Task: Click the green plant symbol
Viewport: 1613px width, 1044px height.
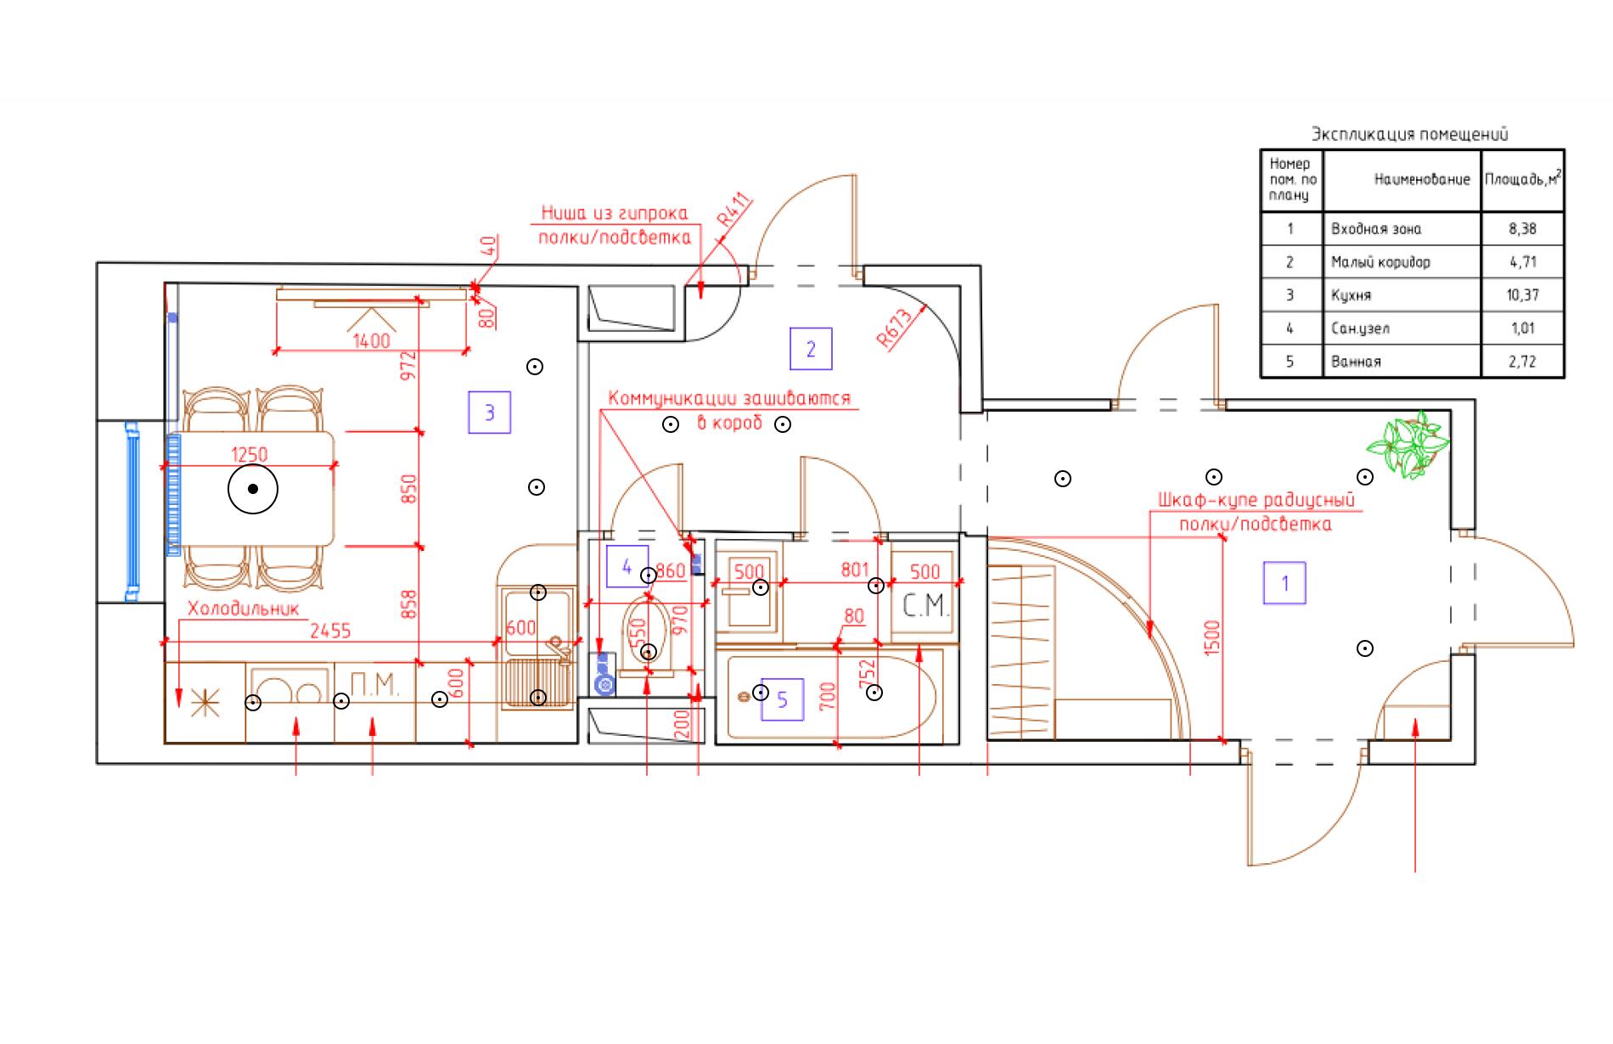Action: point(1407,445)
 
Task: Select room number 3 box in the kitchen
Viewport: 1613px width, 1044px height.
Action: point(490,413)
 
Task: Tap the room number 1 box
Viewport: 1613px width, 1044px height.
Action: point(1284,583)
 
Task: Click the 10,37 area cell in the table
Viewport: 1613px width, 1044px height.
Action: point(1523,295)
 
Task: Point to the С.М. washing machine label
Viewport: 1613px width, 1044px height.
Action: point(925,606)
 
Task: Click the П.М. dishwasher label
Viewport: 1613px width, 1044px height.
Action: point(374,684)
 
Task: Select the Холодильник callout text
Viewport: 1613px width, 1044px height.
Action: point(244,609)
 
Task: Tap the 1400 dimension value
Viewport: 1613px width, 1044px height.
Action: point(371,340)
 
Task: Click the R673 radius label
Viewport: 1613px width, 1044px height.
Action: point(895,328)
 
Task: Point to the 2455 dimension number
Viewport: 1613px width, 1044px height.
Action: point(330,631)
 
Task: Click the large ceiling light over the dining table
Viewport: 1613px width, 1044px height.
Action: point(253,489)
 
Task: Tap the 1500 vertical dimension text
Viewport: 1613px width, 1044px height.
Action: point(1211,637)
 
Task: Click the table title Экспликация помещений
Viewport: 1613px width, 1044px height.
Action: point(1409,134)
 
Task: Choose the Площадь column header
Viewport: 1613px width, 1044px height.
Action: point(1522,180)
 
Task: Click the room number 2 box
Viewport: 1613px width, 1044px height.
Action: point(811,349)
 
